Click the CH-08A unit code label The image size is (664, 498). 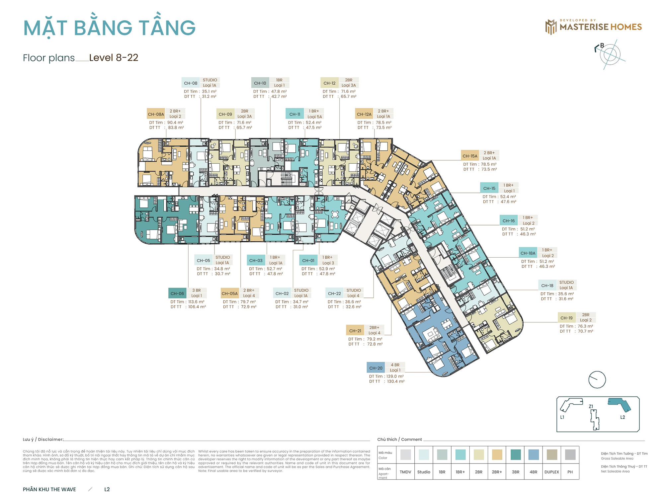[x=156, y=114]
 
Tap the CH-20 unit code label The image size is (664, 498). [x=376, y=368]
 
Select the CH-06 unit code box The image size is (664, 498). [x=177, y=293]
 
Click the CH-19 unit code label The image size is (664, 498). [x=566, y=318]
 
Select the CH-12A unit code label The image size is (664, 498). [x=364, y=114]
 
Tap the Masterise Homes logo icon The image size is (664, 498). [x=551, y=27]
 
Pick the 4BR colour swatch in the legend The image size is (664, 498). [x=533, y=455]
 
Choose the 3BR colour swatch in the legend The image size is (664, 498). [x=515, y=455]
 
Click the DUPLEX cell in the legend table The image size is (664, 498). [x=551, y=472]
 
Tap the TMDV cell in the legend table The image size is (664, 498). [x=405, y=472]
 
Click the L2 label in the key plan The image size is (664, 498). [x=622, y=417]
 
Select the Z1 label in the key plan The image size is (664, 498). [x=591, y=406]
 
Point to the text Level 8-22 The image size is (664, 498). [x=114, y=58]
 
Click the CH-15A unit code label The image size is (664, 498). [x=470, y=156]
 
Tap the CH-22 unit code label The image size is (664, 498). [x=334, y=293]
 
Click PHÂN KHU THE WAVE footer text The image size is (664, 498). [x=49, y=489]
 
